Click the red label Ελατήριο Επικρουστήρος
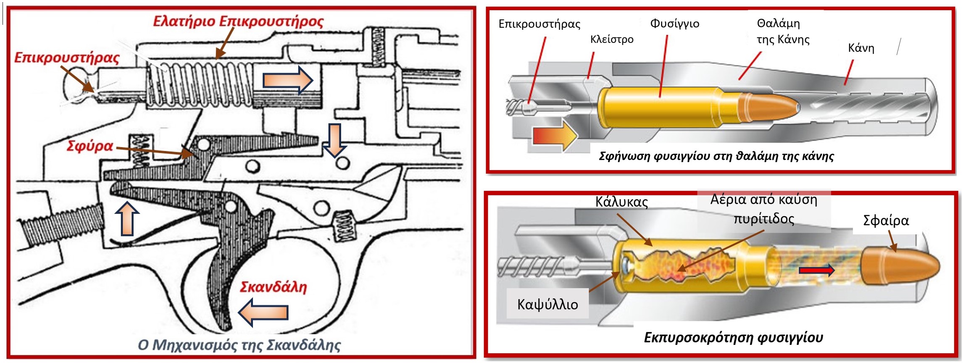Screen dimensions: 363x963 click(x=238, y=21)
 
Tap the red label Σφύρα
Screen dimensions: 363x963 click(x=90, y=146)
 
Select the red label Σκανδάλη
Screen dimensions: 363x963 click(x=273, y=287)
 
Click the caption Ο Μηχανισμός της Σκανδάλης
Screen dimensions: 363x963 click(x=239, y=345)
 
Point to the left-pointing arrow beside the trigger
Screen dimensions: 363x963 click(x=263, y=312)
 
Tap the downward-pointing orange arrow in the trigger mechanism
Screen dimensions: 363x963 click(x=334, y=140)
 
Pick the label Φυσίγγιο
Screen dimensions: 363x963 click(x=675, y=24)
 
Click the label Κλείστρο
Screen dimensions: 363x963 click(x=612, y=39)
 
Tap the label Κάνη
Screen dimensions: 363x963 click(x=861, y=48)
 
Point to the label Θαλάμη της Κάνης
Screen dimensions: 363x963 click(x=783, y=32)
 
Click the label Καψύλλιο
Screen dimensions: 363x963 click(x=547, y=304)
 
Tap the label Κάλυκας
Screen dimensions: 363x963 click(x=621, y=202)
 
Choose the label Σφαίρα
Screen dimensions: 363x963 click(x=886, y=221)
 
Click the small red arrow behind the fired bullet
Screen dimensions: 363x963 click(x=816, y=270)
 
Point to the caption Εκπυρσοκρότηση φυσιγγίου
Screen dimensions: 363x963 click(x=733, y=337)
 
